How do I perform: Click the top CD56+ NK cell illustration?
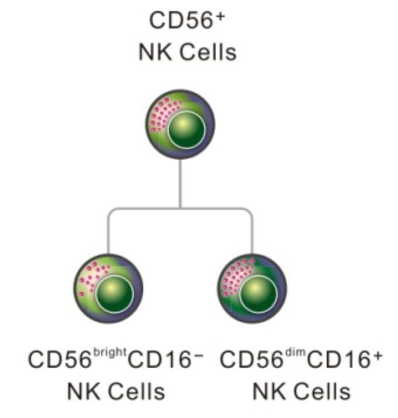click(x=180, y=123)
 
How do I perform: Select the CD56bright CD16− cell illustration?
click(x=108, y=287)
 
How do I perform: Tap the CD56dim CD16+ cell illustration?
click(x=252, y=287)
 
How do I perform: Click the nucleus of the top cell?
click(x=186, y=130)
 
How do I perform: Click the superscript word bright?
click(x=109, y=354)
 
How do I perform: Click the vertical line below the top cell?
click(x=180, y=183)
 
